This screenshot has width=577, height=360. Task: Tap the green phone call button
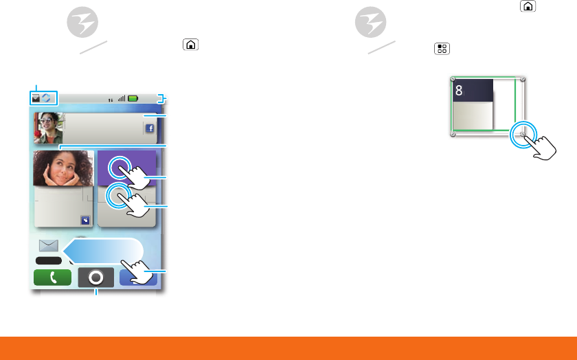52,278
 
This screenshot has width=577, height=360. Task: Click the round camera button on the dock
96,278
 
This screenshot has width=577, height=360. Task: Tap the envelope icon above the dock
49,245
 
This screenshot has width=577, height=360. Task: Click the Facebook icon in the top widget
149,128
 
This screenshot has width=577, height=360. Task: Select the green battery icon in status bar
133,98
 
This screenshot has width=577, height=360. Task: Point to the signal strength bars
122,98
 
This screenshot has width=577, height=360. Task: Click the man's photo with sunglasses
49,127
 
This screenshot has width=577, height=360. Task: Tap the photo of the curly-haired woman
63,168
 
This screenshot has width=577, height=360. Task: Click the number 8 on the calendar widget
459,90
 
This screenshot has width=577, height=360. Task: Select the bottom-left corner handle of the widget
452,135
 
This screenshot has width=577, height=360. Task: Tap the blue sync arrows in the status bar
47,98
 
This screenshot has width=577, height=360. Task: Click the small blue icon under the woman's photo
84,221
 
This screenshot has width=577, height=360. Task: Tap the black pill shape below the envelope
49,261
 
